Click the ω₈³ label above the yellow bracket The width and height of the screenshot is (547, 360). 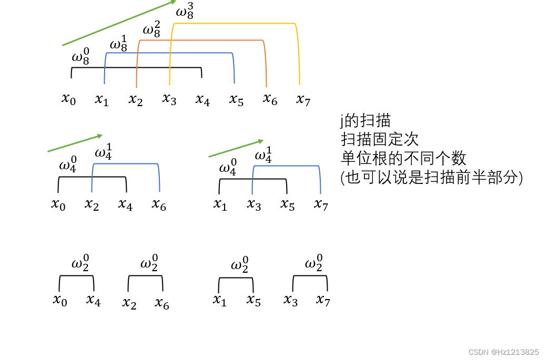click(185, 11)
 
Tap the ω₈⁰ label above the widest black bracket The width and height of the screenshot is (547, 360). click(80, 57)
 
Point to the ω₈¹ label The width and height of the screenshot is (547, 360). click(118, 44)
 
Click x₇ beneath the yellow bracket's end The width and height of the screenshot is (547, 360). click(303, 99)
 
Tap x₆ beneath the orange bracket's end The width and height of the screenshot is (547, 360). click(270, 99)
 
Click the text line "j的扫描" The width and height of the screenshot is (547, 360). click(365, 120)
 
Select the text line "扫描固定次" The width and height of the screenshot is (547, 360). click(379, 139)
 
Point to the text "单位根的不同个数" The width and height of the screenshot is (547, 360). click(403, 158)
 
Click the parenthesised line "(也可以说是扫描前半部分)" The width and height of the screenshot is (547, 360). click(432, 178)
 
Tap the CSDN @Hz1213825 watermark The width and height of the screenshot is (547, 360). click(503, 352)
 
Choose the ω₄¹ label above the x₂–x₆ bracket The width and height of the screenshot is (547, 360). click(104, 152)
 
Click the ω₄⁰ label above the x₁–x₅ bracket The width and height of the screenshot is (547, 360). click(228, 168)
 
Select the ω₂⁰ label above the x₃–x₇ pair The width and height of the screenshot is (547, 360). click(314, 262)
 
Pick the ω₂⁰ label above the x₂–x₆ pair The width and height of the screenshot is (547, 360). click(150, 262)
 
